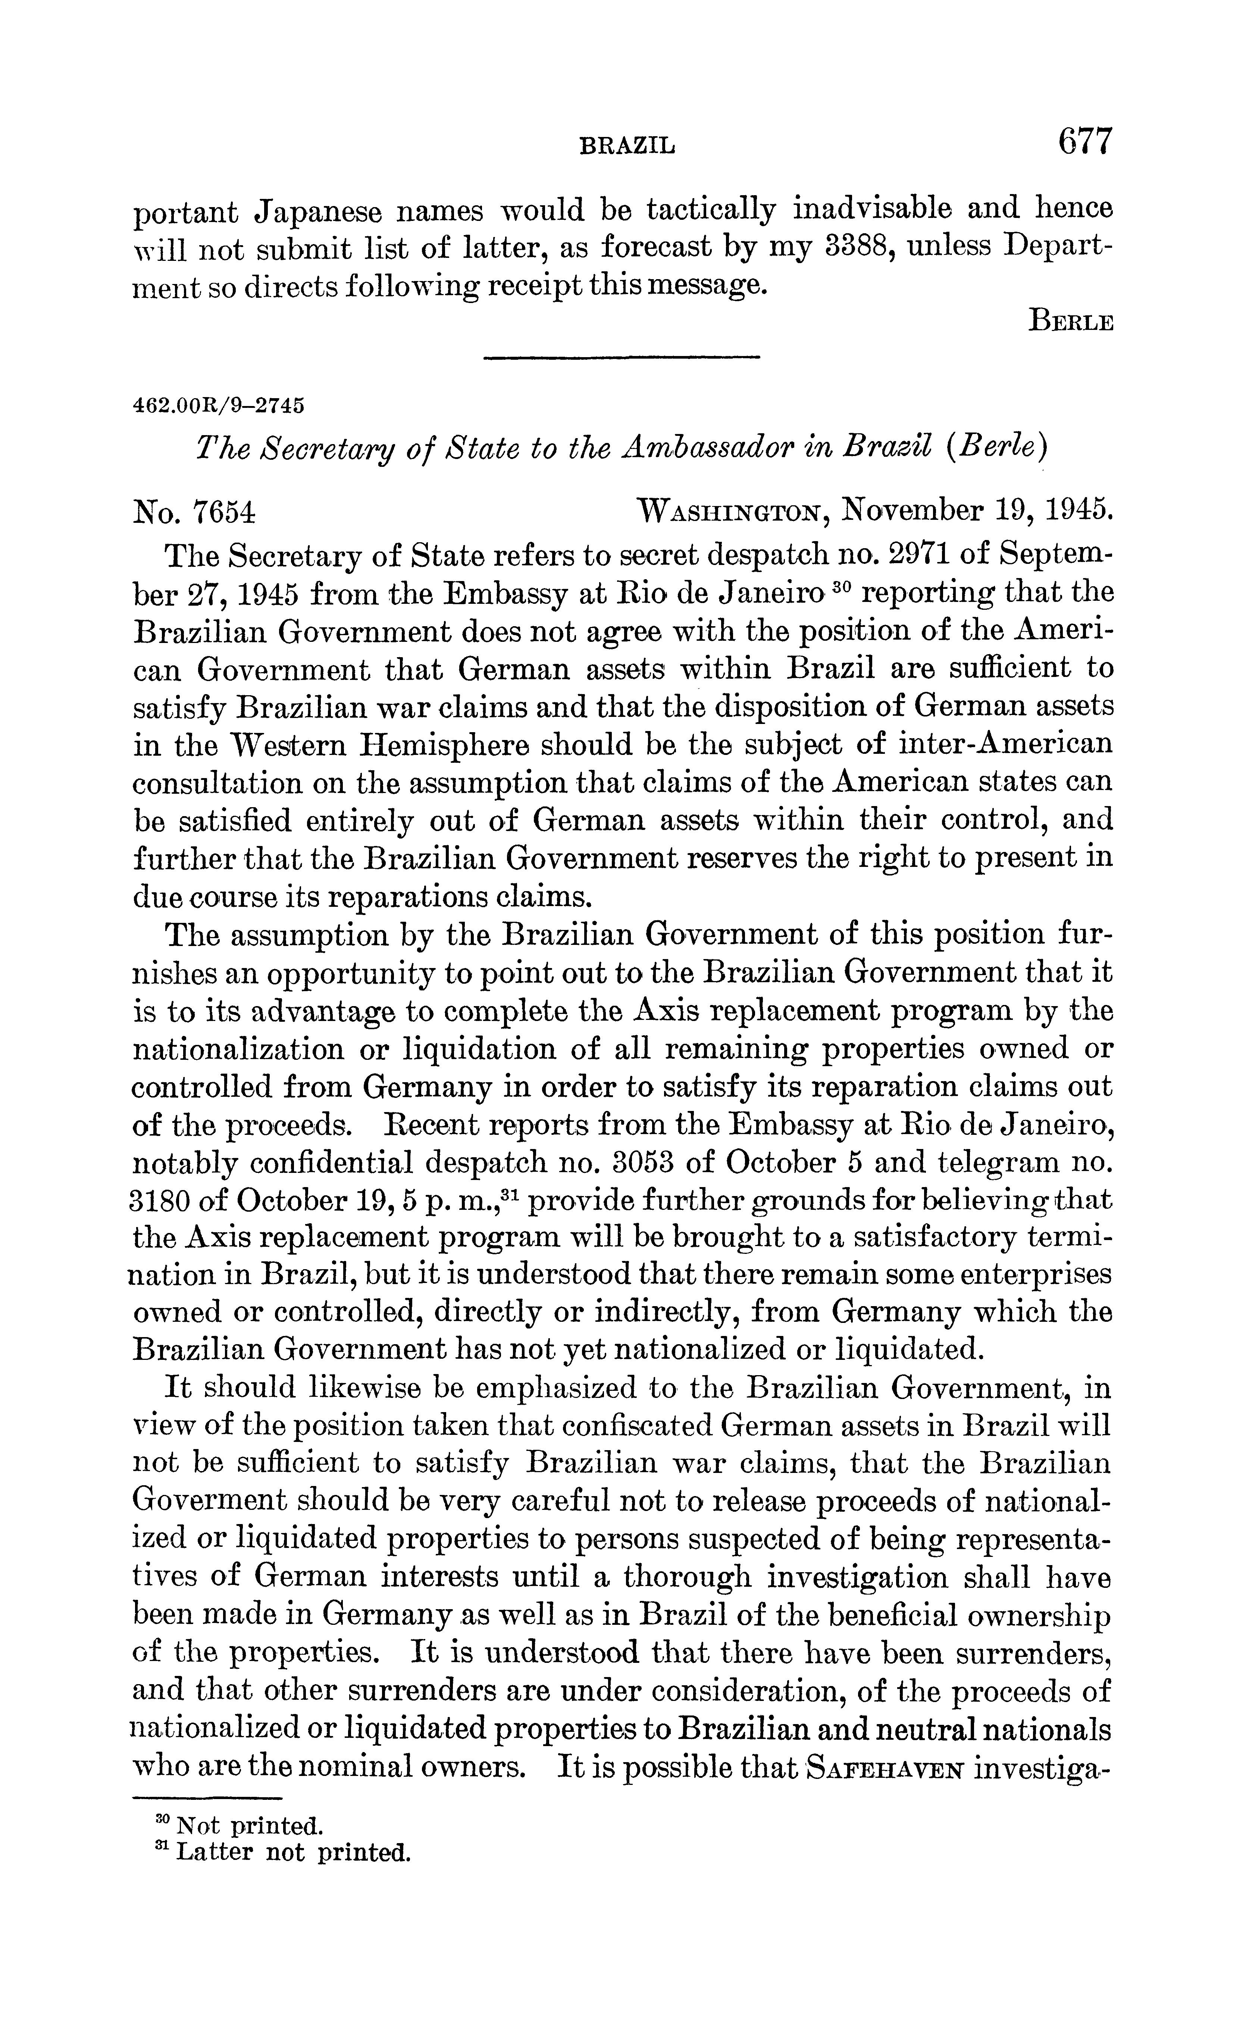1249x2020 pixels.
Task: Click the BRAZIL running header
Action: pos(628,146)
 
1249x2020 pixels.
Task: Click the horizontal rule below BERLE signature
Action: pos(620,357)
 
